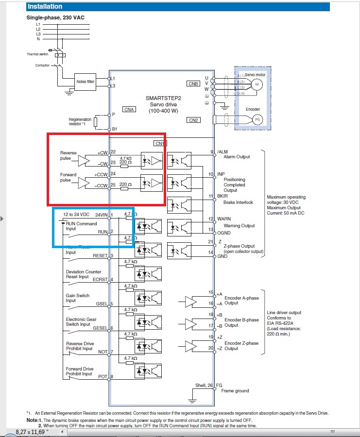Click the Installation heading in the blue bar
45,7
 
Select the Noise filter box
85,82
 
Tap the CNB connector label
193,84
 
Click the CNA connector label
129,110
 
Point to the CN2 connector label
193,120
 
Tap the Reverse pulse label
68,155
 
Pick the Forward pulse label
68,178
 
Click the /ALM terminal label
223,152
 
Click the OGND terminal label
224,233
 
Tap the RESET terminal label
100,255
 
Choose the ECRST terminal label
100,280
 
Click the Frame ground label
235,390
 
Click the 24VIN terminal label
101,215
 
